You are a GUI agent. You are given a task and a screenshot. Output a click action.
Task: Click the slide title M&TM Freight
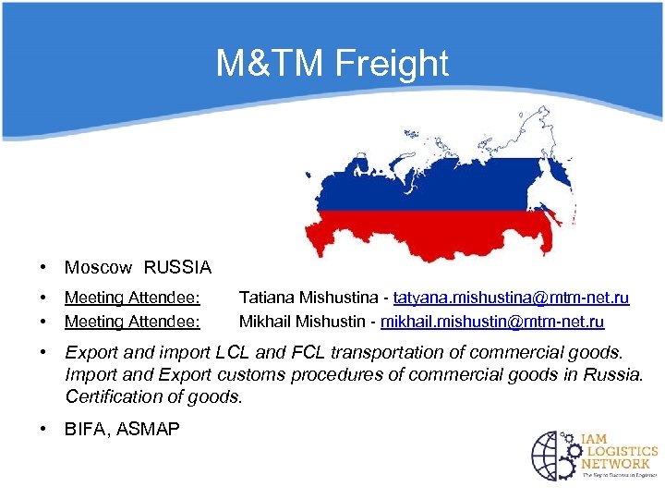coord(332,64)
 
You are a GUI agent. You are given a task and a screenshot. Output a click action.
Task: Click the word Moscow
coord(98,268)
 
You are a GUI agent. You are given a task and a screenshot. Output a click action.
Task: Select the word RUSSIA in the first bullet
coord(177,268)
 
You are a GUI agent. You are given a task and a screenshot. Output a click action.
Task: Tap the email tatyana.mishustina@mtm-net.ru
coord(511,298)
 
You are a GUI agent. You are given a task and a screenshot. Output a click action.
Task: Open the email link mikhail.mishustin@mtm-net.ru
coord(492,322)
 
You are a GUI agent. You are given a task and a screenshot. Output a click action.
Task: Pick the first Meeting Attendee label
coord(133,298)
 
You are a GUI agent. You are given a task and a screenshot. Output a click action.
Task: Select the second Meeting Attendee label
coord(133,322)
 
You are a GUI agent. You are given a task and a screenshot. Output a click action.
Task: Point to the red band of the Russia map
coord(416,231)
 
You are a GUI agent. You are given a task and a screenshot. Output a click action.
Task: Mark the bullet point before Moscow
coord(43,268)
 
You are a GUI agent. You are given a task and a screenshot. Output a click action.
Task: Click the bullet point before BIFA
coord(43,429)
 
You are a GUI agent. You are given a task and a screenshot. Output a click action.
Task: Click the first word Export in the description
coord(90,352)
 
